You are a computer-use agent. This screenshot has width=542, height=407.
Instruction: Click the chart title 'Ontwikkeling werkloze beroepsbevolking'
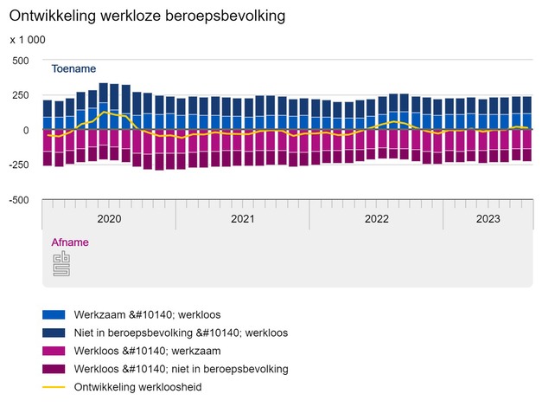point(147,16)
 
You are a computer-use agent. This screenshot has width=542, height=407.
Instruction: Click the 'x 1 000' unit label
point(28,40)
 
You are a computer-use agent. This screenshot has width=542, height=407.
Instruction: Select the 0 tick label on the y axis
point(26,130)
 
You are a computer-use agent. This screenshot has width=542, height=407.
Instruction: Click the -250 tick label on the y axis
point(17,165)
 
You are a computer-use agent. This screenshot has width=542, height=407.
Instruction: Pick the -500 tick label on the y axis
point(17,199)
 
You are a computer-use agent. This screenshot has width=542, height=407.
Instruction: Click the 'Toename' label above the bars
point(73,69)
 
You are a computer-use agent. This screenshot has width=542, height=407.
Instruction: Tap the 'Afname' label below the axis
point(69,242)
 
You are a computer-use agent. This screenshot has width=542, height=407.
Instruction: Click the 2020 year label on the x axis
point(109,219)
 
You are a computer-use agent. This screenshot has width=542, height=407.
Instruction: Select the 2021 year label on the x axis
point(243,219)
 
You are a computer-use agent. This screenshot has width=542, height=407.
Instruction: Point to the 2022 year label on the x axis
point(377,219)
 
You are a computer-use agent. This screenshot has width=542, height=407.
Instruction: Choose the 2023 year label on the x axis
point(488,219)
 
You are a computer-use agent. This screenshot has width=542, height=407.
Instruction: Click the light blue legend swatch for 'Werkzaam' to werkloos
point(54,314)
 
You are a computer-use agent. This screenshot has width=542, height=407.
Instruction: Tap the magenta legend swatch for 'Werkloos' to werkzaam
point(54,351)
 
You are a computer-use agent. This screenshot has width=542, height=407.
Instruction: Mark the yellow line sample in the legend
point(54,387)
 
